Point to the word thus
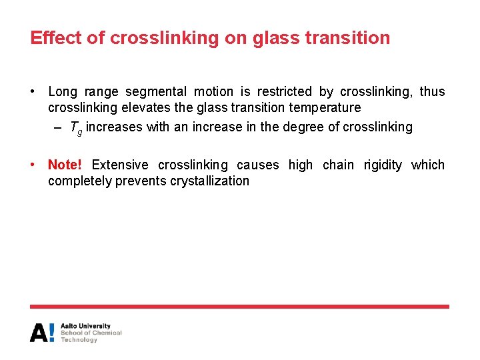(x=432, y=92)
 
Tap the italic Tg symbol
(x=75, y=128)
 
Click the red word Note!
(x=65, y=165)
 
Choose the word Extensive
(x=120, y=165)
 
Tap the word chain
(x=338, y=165)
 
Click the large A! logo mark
(x=42, y=333)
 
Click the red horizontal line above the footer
(x=239, y=307)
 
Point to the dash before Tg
(x=59, y=127)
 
